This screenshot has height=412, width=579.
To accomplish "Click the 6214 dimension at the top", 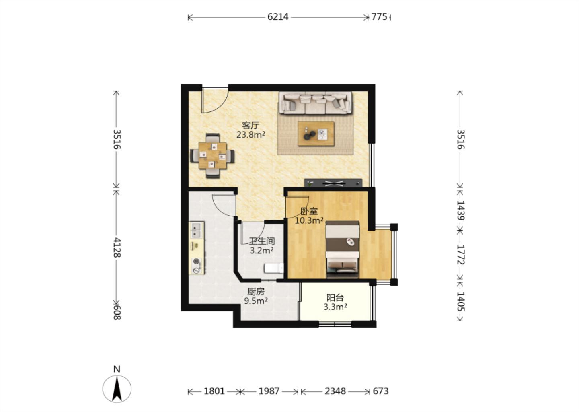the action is tap(278, 17).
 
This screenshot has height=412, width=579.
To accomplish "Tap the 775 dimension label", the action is tap(379, 17).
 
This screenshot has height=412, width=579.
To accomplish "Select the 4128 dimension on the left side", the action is tap(117, 247).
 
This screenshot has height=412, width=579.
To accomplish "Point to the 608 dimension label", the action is tap(117, 312).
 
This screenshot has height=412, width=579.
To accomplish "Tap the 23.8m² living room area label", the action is tap(251, 134).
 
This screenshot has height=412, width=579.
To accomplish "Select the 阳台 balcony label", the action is tap(335, 298).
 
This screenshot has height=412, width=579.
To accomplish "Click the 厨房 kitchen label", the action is tap(256, 291).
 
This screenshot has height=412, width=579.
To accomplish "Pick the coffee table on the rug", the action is tap(316, 134).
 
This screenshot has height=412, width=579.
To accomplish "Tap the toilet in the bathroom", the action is tap(274, 268).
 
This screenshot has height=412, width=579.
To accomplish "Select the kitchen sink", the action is tap(197, 230).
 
